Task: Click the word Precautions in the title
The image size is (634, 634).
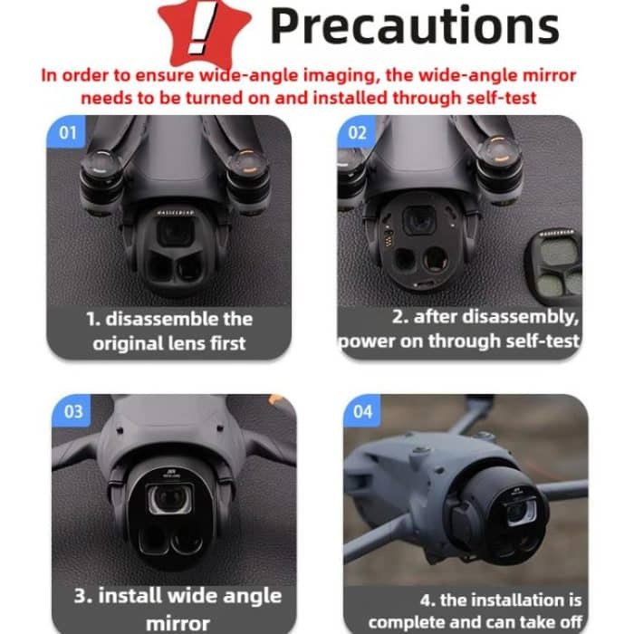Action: (x=414, y=26)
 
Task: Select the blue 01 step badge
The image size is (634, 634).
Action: (x=67, y=133)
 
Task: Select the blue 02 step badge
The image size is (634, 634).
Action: (x=358, y=133)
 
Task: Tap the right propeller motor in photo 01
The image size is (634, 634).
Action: (x=248, y=168)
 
